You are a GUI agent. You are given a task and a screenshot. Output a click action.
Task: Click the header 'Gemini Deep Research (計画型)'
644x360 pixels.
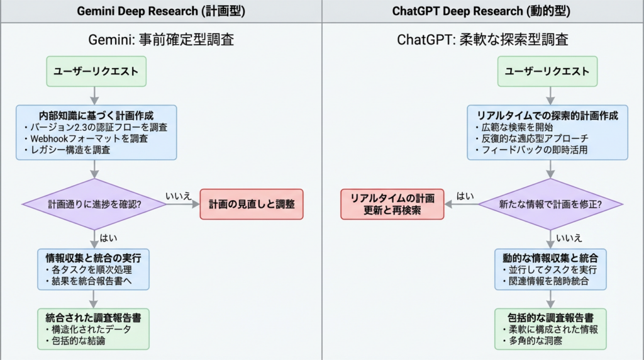161,11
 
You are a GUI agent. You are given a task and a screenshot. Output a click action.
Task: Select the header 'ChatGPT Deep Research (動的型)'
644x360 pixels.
482,11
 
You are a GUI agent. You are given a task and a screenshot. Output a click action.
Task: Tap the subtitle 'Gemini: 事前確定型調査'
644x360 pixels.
160,40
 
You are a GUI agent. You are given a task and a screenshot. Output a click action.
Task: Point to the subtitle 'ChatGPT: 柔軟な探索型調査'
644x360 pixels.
482,40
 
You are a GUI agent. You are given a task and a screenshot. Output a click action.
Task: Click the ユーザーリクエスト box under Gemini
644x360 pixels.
96,71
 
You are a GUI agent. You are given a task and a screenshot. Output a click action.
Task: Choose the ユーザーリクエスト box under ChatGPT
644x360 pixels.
553,71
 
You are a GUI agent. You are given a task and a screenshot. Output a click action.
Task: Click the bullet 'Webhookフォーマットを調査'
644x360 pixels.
91,138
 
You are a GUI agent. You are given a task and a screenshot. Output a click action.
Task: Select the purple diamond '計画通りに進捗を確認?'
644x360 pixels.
93,205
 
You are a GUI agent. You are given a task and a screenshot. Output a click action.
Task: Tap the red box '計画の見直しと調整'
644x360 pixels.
252,205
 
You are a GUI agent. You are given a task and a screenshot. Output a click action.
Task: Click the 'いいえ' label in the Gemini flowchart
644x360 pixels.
178,196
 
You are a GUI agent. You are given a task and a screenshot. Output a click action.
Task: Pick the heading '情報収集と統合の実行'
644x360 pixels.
93,257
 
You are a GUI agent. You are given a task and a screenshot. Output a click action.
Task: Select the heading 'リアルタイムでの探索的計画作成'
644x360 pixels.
548,116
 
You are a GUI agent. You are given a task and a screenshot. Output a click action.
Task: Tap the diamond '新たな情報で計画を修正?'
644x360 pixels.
550,204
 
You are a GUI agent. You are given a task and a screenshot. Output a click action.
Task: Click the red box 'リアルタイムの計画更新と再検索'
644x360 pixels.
392,204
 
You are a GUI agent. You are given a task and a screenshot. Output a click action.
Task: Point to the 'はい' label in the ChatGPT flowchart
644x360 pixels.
465,195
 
